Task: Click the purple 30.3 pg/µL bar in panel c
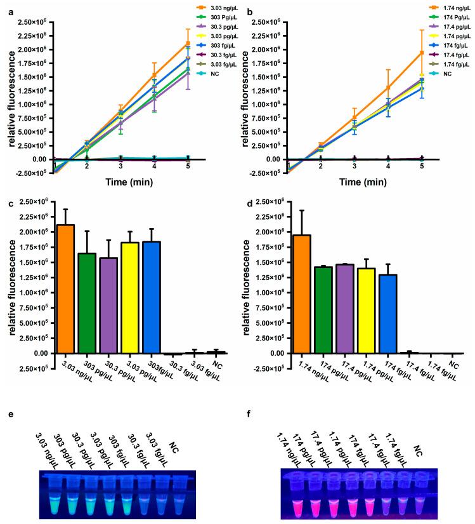tap(109, 306)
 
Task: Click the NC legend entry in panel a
tap(202, 74)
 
